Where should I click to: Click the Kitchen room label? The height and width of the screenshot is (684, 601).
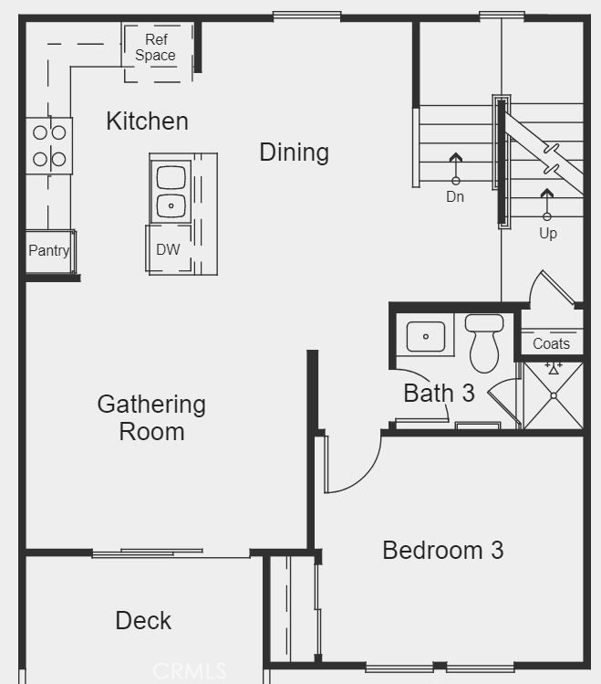[x=147, y=121]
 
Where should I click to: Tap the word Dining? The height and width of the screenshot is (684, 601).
[x=294, y=153]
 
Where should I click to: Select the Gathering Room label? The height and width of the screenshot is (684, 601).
[x=151, y=418]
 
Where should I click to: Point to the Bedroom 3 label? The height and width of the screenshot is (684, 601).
[x=443, y=550]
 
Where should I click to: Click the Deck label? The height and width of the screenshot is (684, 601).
[x=143, y=620]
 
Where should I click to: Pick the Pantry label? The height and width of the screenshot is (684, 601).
[x=48, y=251]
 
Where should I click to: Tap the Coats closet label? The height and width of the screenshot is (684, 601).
[x=551, y=343]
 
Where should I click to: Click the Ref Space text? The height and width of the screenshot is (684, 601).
[x=155, y=47]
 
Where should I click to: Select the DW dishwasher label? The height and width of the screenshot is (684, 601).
[x=168, y=249]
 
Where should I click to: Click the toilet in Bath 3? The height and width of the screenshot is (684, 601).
[x=484, y=343]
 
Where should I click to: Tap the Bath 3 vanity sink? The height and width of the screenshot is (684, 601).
[x=426, y=336]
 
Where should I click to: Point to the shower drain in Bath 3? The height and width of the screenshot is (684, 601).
[x=554, y=395]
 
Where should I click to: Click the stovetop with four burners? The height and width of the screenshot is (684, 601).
[x=49, y=146]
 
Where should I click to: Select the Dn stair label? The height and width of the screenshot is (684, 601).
[x=455, y=196]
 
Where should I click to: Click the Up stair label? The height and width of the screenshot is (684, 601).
[x=548, y=233]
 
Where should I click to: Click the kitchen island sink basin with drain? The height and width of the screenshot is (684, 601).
[x=171, y=205]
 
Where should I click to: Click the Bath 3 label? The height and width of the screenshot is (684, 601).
[x=439, y=393]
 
